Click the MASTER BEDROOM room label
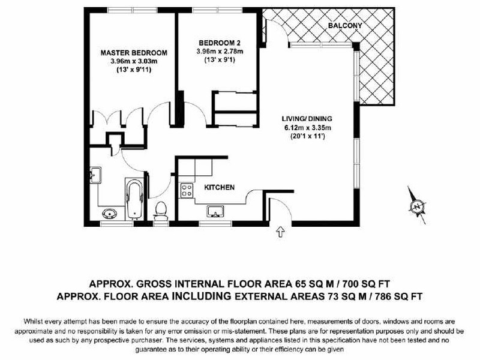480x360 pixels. (134, 53)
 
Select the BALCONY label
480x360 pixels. (345, 25)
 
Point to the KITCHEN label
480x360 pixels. (219, 187)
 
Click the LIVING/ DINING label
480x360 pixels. (307, 119)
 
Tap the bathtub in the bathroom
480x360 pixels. (134, 199)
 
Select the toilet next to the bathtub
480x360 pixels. (161, 211)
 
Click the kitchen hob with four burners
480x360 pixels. (187, 190)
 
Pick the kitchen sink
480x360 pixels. (215, 212)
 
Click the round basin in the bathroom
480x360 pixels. (110, 214)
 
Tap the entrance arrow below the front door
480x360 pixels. (280, 232)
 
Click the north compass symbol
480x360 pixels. (417, 206)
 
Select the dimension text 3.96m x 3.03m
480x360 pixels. (134, 61)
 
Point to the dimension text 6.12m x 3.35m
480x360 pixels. (307, 128)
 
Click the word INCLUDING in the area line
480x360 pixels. (201, 296)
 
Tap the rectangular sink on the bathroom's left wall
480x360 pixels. (96, 175)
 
